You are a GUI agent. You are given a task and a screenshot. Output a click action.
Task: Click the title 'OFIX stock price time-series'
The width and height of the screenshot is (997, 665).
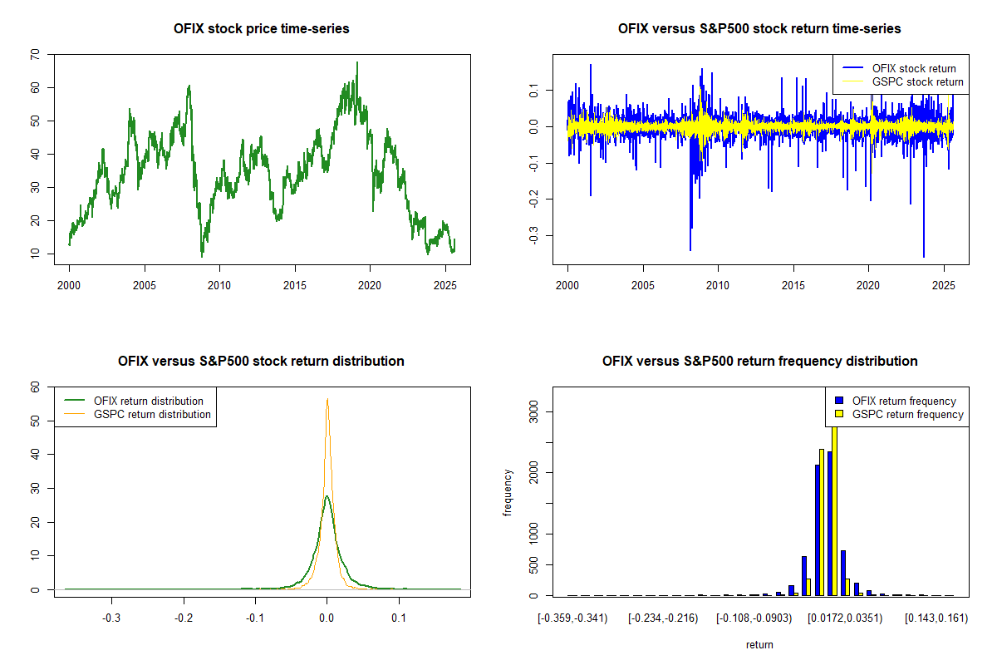click(x=262, y=29)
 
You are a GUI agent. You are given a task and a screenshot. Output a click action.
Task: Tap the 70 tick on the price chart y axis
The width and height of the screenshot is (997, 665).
click(x=34, y=54)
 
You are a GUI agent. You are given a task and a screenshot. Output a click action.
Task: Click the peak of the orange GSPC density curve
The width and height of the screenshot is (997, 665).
click(x=327, y=399)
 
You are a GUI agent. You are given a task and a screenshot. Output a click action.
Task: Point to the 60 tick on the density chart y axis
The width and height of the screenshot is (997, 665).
click(x=34, y=387)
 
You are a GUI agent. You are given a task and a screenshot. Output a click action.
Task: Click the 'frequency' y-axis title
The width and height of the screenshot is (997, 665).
click(x=508, y=491)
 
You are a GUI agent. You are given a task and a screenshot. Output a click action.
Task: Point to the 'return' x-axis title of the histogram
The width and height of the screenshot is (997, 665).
click(x=759, y=644)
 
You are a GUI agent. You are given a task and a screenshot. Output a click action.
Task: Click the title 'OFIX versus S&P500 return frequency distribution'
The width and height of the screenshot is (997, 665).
click(x=759, y=362)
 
